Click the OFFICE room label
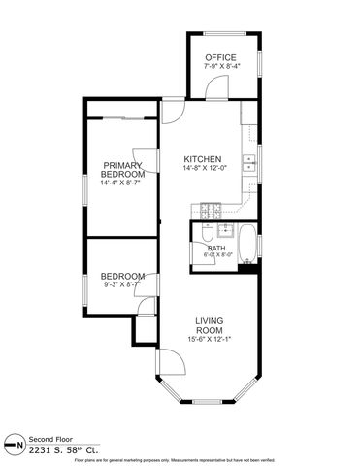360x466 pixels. click(220, 57)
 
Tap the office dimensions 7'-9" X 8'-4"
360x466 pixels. click(220, 67)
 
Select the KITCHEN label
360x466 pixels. click(204, 159)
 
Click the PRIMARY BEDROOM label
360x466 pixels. click(122, 170)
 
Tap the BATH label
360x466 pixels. click(215, 248)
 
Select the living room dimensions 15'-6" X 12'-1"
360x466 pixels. click(211, 339)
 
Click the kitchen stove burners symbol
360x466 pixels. click(211, 208)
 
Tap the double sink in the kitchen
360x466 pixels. click(249, 163)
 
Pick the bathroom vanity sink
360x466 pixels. click(225, 230)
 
